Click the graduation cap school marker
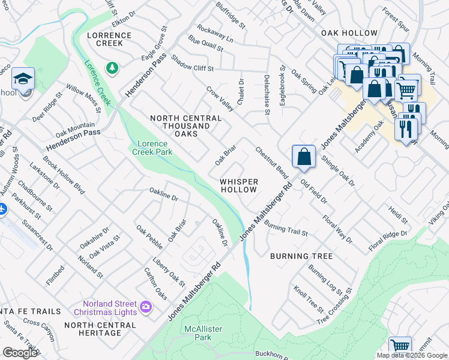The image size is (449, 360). [x=23, y=79]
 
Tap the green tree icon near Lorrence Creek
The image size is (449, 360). [x=112, y=68]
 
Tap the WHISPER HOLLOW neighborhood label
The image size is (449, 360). [x=238, y=185]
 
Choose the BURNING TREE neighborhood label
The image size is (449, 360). [x=301, y=256]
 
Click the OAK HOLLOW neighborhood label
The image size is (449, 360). [x=349, y=34]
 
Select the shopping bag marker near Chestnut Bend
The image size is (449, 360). [x=304, y=157]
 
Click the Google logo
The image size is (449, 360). [x=20, y=353]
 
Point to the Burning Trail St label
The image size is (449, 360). [x=286, y=229]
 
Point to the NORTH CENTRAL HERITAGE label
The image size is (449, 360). [x=100, y=329]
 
